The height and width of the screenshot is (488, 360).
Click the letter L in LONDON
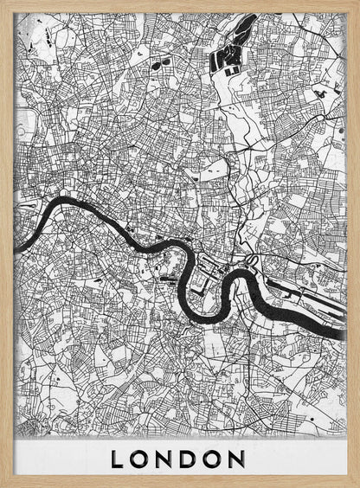click(118, 458)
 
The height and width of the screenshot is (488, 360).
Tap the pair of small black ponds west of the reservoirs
click(159, 63)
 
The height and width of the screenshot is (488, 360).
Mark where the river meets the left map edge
click(18, 221)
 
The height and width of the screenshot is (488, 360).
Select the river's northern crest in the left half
click(69, 203)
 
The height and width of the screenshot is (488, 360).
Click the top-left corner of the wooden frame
click(3, 3)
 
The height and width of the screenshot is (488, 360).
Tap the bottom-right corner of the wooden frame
click(356, 484)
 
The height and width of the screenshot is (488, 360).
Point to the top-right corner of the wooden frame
click(356, 3)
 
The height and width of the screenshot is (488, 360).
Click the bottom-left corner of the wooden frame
click(3, 484)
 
